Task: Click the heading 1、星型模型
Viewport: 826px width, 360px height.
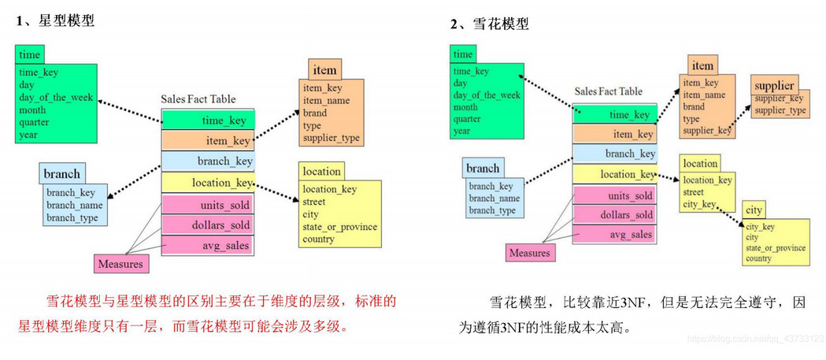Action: (55, 21)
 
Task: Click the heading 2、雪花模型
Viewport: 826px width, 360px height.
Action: (489, 24)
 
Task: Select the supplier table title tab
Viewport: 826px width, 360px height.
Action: (774, 84)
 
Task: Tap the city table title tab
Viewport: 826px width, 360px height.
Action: (754, 210)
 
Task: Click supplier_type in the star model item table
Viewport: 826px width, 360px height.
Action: (331, 138)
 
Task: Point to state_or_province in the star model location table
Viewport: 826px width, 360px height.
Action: (340, 226)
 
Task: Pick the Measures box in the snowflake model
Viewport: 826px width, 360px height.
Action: (529, 253)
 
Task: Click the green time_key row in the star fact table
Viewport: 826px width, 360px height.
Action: (207, 120)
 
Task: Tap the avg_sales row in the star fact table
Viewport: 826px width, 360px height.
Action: (207, 245)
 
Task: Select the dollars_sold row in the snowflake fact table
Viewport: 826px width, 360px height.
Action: (614, 214)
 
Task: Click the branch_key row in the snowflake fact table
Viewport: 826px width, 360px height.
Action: (614, 154)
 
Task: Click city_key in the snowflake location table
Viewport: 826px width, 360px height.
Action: (698, 204)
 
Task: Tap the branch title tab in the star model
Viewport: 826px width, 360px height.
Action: (62, 173)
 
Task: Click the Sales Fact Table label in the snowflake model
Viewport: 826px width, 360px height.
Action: (608, 91)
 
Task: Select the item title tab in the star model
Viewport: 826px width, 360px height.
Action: (324, 70)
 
